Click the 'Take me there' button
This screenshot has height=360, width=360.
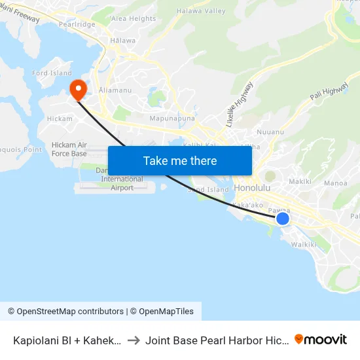[x=180, y=160]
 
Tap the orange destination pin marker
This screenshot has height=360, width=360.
[x=78, y=90]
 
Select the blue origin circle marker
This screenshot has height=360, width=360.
[x=282, y=219]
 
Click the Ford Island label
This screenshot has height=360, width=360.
[x=52, y=73]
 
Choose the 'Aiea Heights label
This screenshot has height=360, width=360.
[x=134, y=19]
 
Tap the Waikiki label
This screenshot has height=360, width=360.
[x=304, y=244]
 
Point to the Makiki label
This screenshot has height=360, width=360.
[x=299, y=181]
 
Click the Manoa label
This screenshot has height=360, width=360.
[x=335, y=183]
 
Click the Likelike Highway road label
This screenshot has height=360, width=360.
[x=239, y=103]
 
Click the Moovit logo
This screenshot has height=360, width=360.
[x=321, y=340]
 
